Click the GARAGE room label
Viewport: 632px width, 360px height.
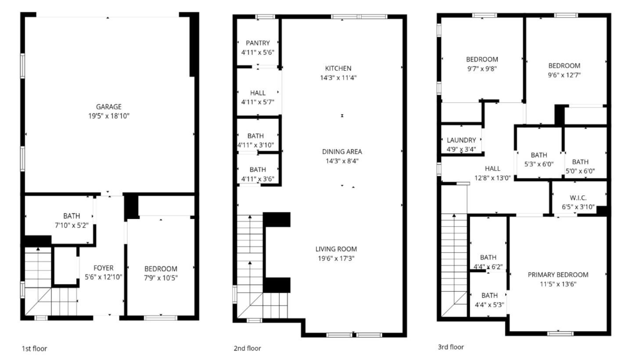tap(109, 107)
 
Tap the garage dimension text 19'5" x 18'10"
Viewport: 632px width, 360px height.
tap(109, 116)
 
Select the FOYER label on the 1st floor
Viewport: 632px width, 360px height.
tap(103, 268)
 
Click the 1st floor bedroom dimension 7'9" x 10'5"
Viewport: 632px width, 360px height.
tap(161, 277)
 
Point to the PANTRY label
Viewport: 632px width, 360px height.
tap(258, 43)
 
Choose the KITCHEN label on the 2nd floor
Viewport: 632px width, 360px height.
tap(338, 68)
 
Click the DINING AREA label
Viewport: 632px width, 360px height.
tap(342, 151)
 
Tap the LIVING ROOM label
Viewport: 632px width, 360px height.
tap(338, 249)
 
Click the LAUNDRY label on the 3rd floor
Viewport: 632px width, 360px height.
tap(461, 140)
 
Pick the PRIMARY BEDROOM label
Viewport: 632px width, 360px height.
tap(558, 275)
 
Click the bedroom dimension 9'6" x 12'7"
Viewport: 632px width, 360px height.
tap(564, 75)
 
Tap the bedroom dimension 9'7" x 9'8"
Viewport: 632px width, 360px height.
tap(482, 68)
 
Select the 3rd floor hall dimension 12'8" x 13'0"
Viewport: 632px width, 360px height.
tap(492, 178)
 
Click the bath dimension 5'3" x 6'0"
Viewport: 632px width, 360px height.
tap(539, 164)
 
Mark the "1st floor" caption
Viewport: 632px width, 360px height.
tap(34, 349)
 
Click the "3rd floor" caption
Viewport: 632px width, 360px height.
tap(451, 347)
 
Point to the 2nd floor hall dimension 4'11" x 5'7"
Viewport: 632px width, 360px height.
tap(258, 102)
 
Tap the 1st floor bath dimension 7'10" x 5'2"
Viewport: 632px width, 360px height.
tap(72, 225)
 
